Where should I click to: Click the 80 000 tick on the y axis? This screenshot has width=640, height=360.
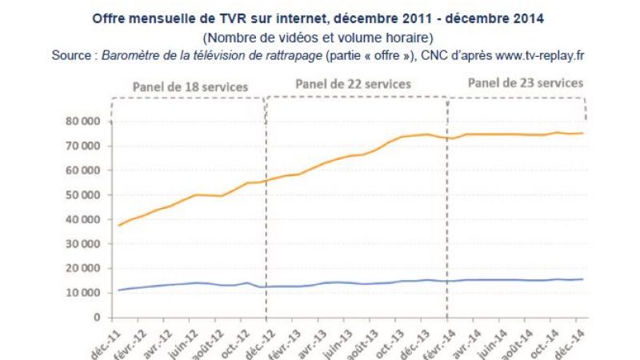(x=84, y=121)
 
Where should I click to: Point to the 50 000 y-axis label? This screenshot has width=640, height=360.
(x=84, y=194)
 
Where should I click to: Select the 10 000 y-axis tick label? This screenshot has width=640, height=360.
(x=84, y=293)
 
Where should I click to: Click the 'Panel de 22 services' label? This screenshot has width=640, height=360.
(x=353, y=83)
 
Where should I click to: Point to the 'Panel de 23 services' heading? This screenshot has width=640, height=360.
(x=526, y=82)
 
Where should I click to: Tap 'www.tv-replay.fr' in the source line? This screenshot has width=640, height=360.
(x=530, y=55)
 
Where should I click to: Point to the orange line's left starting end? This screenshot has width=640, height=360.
(x=119, y=225)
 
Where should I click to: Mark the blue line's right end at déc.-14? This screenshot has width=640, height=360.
(x=581, y=279)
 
